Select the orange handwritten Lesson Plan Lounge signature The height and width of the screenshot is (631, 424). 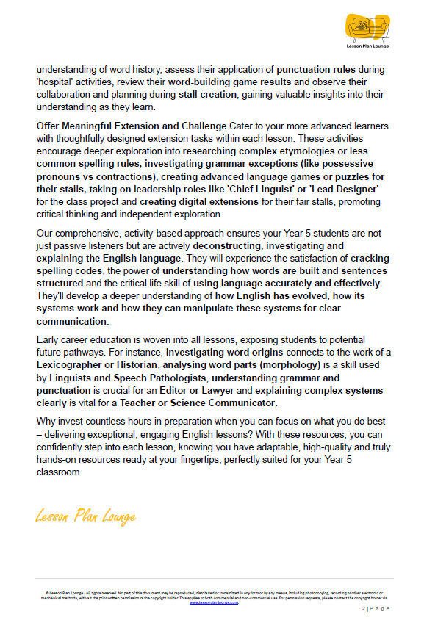[85, 516]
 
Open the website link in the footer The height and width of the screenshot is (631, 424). [214, 602]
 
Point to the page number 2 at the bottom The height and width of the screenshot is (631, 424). [363, 609]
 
